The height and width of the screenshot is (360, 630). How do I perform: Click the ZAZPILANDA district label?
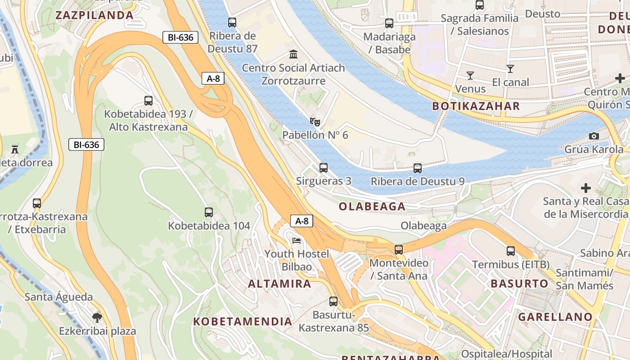(94, 15)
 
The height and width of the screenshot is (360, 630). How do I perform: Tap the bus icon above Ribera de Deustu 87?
(232, 22)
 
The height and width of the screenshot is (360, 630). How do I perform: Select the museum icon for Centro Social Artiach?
(293, 54)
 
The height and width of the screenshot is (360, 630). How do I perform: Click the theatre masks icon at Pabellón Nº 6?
(315, 121)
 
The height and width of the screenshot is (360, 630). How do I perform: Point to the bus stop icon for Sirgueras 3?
(323, 168)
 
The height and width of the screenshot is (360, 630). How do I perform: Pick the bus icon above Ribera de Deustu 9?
(418, 168)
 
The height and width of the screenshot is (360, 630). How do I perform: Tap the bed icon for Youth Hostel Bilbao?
(297, 241)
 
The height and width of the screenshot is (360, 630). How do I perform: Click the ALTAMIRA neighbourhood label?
(279, 284)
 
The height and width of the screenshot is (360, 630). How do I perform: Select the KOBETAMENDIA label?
(243, 322)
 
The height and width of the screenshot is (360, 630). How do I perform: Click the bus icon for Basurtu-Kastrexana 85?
(333, 301)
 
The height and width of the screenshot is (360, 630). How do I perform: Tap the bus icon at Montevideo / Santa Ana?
(398, 249)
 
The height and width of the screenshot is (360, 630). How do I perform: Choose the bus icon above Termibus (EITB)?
(511, 251)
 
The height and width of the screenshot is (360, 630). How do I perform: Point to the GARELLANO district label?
(555, 317)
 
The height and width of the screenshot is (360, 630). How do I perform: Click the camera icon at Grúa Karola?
(594, 136)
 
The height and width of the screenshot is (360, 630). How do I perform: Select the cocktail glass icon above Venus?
(470, 75)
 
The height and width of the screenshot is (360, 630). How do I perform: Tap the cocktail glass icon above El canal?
(510, 69)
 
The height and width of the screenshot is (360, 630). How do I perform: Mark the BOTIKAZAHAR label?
(476, 107)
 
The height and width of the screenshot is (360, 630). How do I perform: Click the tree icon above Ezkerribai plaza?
(97, 318)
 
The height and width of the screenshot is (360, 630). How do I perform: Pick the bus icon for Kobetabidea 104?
(209, 212)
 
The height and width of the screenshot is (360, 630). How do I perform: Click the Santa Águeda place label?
(58, 297)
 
